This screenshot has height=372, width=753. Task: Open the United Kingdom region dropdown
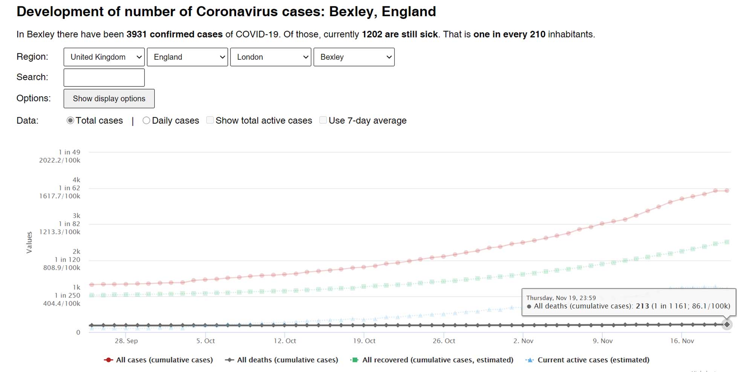pos(104,57)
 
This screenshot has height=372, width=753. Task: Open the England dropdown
pos(187,57)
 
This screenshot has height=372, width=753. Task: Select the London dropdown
pos(270,57)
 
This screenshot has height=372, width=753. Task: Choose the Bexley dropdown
pos(354,57)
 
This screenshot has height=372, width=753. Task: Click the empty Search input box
pos(104,77)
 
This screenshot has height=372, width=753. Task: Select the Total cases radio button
pos(70,121)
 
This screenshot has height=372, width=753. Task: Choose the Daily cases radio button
pos(146,121)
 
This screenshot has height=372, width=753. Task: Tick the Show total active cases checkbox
pos(210,120)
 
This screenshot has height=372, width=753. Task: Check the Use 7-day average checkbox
pos(323,120)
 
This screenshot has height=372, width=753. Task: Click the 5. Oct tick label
pos(206,341)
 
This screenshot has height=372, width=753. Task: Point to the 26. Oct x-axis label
pos(444,341)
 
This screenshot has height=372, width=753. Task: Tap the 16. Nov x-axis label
pos(682,341)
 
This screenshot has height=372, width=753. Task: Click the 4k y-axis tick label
pos(76,180)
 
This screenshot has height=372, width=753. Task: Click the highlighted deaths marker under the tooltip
pos(727,324)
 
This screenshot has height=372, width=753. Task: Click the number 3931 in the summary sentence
pos(136,35)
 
